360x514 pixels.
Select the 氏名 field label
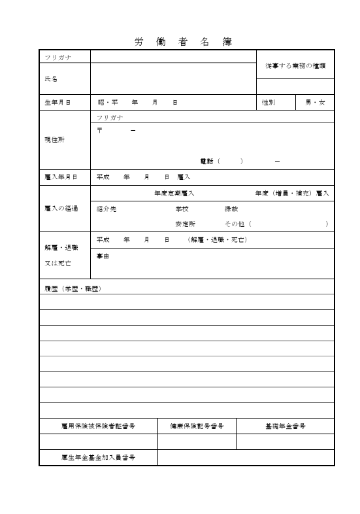point(50,78)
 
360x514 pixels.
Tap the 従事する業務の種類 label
point(295,66)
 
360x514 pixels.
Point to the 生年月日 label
point(57,103)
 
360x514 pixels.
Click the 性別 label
point(269,103)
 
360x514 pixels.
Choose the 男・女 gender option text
point(315,103)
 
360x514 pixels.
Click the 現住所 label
point(54,139)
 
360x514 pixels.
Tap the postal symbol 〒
point(99,130)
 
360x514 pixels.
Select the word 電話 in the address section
point(206,161)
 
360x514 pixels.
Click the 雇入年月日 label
point(57,177)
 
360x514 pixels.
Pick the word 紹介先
point(106,209)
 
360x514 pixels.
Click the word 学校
point(182,209)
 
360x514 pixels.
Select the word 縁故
point(231,209)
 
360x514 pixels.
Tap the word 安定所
point(185,224)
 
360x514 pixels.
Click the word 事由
point(103,256)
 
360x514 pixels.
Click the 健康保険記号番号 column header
point(197,426)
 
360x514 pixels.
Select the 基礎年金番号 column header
point(285,426)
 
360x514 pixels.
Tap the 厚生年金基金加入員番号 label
point(98,457)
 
